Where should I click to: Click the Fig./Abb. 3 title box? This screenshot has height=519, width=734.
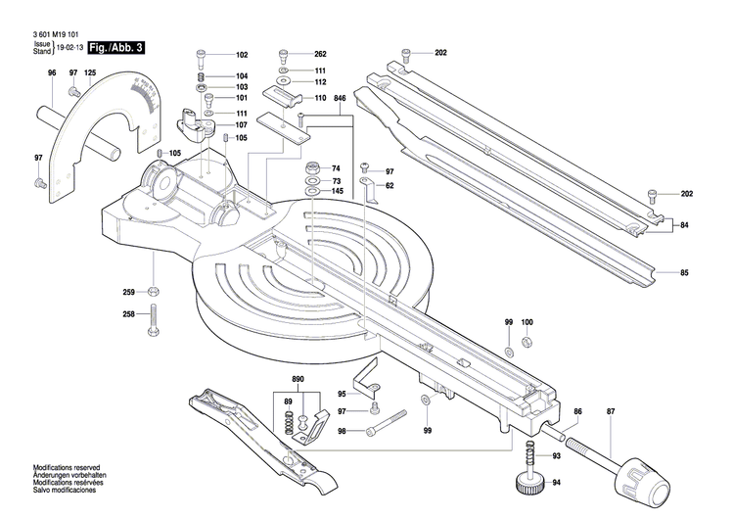tap(115, 47)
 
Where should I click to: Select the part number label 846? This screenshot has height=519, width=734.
tap(340, 99)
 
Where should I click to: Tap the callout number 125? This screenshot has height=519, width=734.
tap(90, 73)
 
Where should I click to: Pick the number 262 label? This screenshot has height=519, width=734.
tap(319, 54)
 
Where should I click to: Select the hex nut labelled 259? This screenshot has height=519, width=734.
tap(154, 292)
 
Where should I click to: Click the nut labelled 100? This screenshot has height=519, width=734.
tap(527, 342)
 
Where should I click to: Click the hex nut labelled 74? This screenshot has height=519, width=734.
tap(311, 166)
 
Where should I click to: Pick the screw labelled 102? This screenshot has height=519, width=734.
tap(203, 55)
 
